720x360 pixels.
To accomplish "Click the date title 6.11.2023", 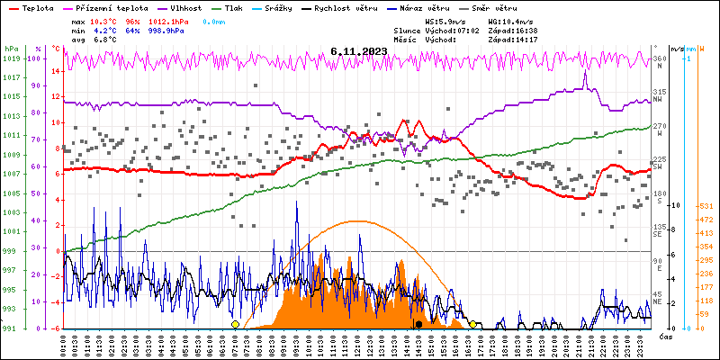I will (358, 51).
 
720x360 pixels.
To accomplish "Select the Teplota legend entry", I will (37, 7).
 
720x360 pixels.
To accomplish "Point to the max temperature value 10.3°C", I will (104, 20).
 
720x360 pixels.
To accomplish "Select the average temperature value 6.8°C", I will (104, 40).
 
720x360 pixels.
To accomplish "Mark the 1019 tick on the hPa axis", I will (11, 58).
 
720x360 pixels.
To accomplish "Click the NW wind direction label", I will (658, 101).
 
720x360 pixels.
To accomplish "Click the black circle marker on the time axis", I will (418, 324).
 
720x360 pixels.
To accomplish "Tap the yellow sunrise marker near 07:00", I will (235, 324).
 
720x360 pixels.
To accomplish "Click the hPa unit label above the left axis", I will (11, 49).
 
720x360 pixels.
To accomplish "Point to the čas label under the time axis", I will (666, 337).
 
